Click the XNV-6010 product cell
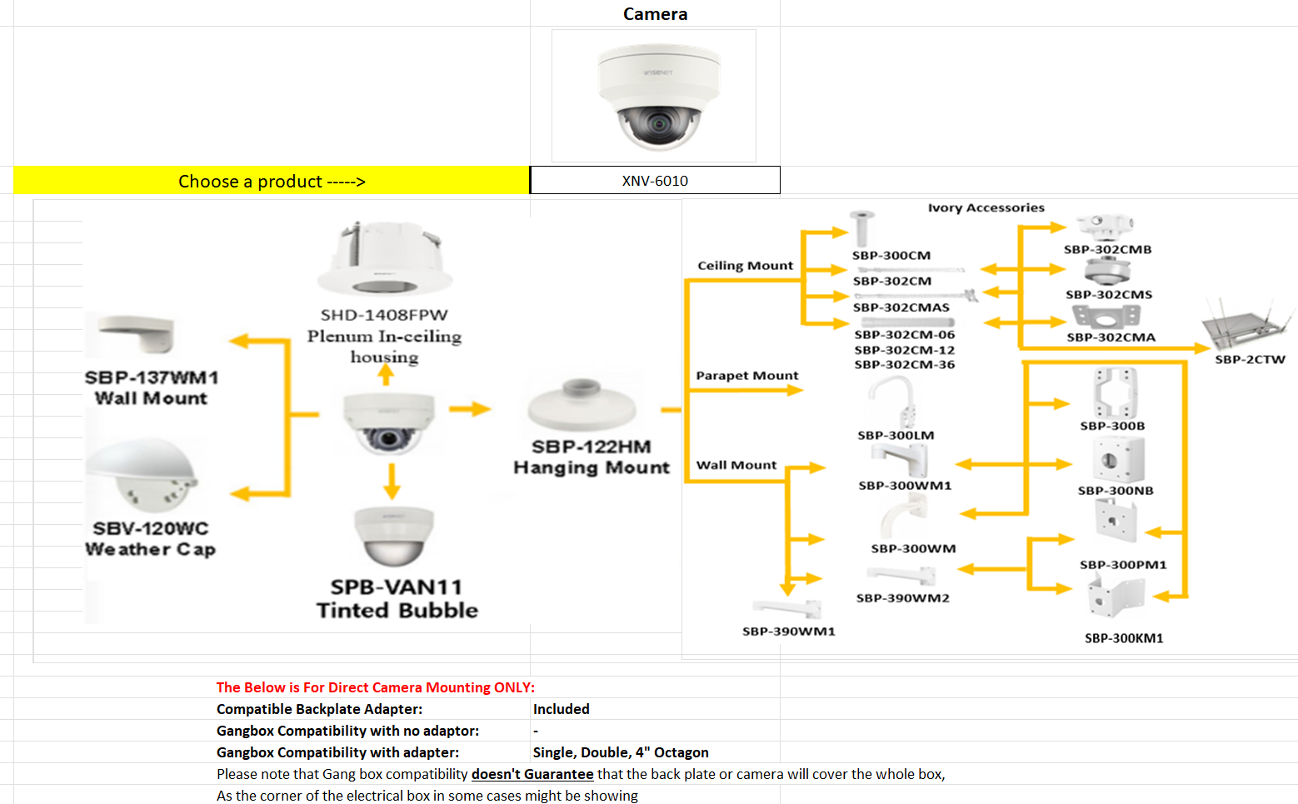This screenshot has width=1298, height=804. point(655,181)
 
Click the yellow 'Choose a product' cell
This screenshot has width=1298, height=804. point(272,181)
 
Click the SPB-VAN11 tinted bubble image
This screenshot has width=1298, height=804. point(394,537)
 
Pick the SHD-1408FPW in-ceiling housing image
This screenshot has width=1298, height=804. point(384,260)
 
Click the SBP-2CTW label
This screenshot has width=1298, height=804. point(1250,360)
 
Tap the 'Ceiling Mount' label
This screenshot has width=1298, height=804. point(745,266)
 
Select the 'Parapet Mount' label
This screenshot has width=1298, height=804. point(746,376)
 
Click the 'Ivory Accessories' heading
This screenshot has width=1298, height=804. point(986,207)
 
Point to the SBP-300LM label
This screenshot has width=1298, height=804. point(896,435)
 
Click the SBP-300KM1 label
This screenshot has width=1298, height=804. point(1123,638)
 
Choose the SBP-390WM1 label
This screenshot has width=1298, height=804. point(788,632)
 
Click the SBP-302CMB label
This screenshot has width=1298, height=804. point(1107,249)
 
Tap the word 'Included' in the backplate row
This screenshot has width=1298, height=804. point(561,709)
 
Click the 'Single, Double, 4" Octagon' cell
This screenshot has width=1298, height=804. point(621,752)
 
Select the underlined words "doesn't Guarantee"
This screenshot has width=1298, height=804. point(532,774)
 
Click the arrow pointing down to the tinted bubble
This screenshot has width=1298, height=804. point(392,481)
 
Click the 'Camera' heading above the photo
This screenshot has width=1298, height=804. point(655,14)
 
